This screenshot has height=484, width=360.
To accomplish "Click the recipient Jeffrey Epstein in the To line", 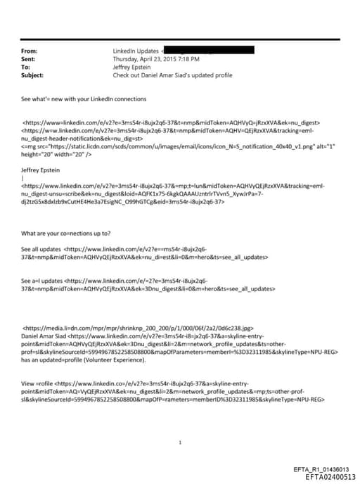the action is pos(133,67).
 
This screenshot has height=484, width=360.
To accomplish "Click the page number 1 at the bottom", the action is pos(181,442).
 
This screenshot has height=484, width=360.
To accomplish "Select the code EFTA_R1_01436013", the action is pos(321,469).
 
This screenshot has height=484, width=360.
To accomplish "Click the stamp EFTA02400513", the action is pos(326,476).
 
